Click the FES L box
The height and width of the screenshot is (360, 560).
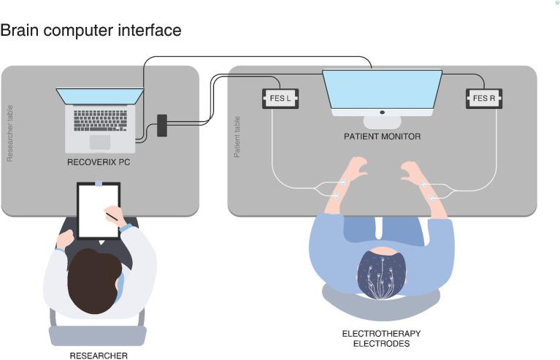pyautogui.click(x=280, y=99)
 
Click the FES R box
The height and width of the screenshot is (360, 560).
pyautogui.click(x=483, y=99)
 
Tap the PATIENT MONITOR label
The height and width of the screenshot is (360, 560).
pyautogui.click(x=382, y=137)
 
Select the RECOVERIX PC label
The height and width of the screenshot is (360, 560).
pyautogui.click(x=99, y=162)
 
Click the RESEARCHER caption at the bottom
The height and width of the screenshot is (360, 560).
pyautogui.click(x=99, y=356)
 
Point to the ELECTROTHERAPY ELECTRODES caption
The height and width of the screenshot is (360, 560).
pyautogui.click(x=381, y=338)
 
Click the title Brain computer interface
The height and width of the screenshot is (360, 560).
pyautogui.click(x=91, y=31)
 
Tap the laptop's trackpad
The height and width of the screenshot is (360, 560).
pyautogui.click(x=100, y=142)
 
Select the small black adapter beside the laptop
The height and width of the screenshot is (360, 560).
pyautogui.click(x=162, y=125)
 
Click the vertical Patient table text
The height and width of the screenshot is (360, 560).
pyautogui.click(x=237, y=137)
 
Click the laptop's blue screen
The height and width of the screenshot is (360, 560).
pyautogui.click(x=100, y=96)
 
